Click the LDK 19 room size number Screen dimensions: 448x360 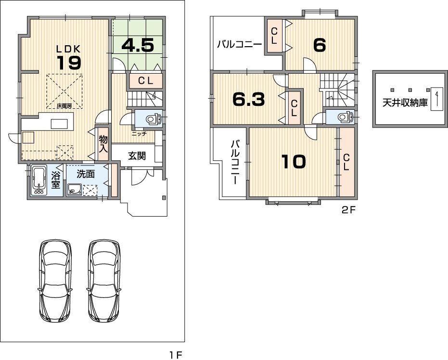(x=70, y=63)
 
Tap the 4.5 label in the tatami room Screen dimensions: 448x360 (x=138, y=45)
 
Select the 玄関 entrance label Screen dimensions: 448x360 (x=137, y=156)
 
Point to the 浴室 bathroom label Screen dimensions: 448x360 (x=55, y=180)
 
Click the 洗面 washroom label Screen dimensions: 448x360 (x=86, y=174)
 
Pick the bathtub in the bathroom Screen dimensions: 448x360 (x=38, y=180)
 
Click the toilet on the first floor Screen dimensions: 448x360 (x=154, y=118)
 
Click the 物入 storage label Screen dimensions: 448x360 (x=103, y=144)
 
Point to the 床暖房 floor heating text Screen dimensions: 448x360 (x=64, y=106)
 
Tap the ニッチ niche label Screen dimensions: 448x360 (x=139, y=133)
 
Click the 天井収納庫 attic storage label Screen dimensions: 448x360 (x=405, y=103)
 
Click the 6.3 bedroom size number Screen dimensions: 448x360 (x=249, y=99)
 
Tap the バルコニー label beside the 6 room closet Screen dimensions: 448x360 (x=240, y=45)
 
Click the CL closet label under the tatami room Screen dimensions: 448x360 (x=146, y=81)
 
